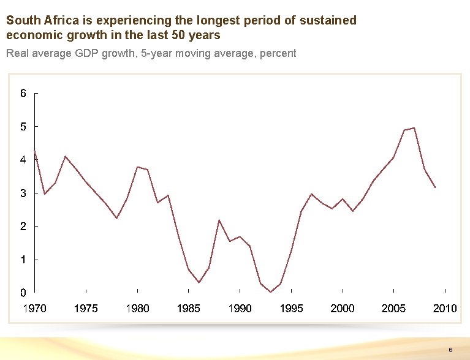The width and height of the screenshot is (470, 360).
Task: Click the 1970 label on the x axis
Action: point(34,308)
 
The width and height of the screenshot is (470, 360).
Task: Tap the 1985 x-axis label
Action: point(189,308)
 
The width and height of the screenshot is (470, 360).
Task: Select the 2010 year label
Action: point(445,308)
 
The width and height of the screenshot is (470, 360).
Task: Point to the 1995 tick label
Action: point(291,308)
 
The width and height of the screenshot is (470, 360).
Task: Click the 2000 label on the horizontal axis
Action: point(343,308)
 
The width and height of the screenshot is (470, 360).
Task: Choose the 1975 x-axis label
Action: point(86,308)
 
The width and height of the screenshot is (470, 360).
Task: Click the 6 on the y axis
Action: point(23,94)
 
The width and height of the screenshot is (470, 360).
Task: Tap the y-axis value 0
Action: point(23,293)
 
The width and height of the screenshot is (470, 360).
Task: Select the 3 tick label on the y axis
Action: point(23,193)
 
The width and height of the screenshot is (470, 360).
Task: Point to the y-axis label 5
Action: point(23,127)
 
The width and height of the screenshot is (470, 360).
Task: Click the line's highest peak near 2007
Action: point(414,128)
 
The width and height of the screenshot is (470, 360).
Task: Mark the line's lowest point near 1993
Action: point(270,292)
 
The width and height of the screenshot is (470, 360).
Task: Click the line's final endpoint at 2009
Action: point(435,187)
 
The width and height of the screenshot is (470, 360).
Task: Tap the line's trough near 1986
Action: point(199,282)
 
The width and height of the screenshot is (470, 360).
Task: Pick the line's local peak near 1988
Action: point(219,220)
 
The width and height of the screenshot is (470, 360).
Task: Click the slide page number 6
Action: point(450,350)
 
